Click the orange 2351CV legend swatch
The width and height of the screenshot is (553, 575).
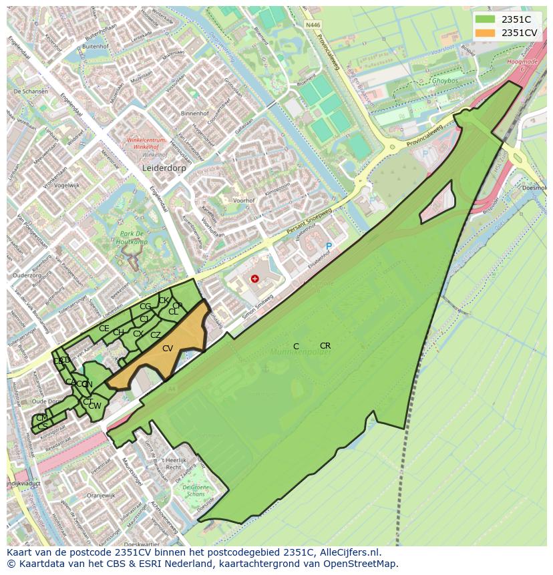pos(486,33)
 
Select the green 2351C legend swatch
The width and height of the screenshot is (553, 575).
pos(486,19)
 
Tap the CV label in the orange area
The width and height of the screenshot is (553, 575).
pos(168,349)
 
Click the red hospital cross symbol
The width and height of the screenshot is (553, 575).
pos(254,278)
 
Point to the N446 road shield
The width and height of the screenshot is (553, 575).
pos(313,25)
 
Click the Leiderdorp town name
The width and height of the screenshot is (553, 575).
pos(164,169)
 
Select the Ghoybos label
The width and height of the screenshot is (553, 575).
pos(445,81)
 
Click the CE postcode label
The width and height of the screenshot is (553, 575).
pos(104,329)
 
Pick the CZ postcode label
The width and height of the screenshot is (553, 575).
pos(156,335)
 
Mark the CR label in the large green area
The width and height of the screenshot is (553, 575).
pos(325,346)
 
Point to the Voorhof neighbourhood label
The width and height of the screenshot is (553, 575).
pos(245,200)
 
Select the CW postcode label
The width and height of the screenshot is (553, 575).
pos(95,406)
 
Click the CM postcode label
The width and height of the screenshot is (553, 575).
pos(41,418)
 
